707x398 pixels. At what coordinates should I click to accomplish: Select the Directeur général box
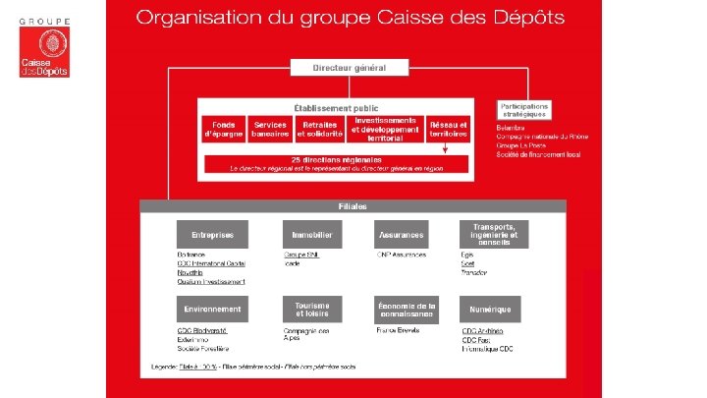point(349,68)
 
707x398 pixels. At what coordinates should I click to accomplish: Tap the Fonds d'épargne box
point(222,130)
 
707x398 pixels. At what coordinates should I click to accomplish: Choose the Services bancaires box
point(270,130)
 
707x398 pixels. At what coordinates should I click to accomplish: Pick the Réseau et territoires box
point(448,129)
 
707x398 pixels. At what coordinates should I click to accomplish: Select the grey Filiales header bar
point(353,206)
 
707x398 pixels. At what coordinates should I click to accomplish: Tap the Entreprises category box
point(212,235)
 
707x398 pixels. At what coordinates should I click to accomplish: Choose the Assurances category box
point(401,235)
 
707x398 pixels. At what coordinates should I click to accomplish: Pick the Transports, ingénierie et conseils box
point(494,234)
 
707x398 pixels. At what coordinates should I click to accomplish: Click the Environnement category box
point(212,309)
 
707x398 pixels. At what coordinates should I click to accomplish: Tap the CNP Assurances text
point(401,255)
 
